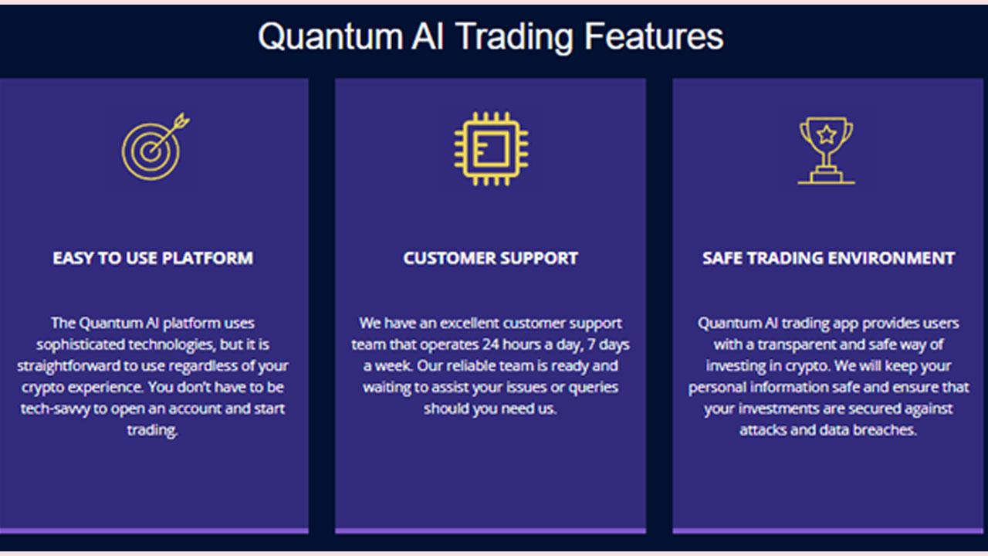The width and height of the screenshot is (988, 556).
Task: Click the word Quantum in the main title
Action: (330, 37)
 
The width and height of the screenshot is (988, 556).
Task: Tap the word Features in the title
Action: (654, 36)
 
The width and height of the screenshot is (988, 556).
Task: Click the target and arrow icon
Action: (155, 147)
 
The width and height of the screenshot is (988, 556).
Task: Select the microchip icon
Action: (491, 149)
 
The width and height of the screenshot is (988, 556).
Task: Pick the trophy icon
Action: (826, 151)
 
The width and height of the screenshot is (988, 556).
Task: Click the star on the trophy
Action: (826, 134)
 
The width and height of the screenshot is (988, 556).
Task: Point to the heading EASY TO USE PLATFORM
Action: (153, 258)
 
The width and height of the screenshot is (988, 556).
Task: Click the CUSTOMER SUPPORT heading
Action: (490, 258)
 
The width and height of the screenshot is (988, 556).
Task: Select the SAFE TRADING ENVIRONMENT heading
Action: (828, 258)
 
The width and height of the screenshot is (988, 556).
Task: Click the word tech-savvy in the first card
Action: (55, 409)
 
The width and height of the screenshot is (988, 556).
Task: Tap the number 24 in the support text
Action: (490, 344)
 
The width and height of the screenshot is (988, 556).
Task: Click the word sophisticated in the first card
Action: (81, 344)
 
